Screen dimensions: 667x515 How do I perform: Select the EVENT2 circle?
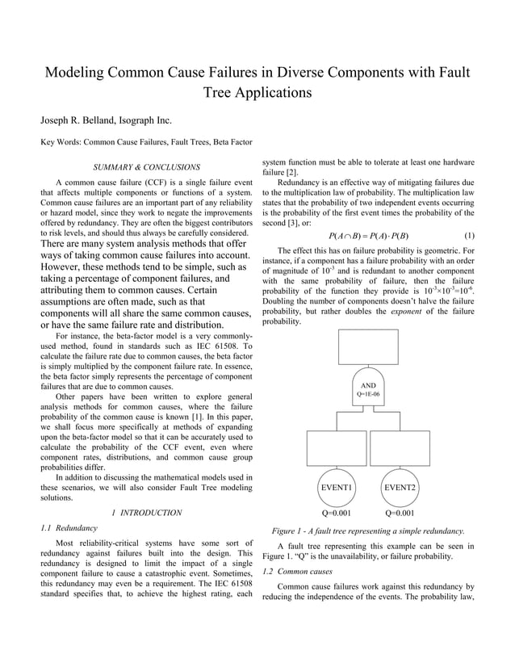click(400, 488)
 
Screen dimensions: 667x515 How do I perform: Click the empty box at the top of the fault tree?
click(368, 348)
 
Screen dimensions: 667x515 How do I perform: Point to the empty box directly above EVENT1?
click(337, 447)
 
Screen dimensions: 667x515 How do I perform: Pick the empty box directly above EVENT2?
click(400, 447)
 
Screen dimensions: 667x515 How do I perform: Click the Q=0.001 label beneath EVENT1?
click(337, 513)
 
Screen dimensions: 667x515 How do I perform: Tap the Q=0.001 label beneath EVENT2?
click(400, 513)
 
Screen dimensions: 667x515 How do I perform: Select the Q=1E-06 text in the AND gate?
click(368, 394)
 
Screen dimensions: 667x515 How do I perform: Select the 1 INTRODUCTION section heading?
click(146, 513)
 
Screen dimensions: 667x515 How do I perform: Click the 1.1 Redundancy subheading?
click(69, 528)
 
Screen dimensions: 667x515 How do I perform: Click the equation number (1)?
click(469, 236)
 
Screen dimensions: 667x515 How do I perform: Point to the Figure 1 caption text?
click(367, 531)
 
